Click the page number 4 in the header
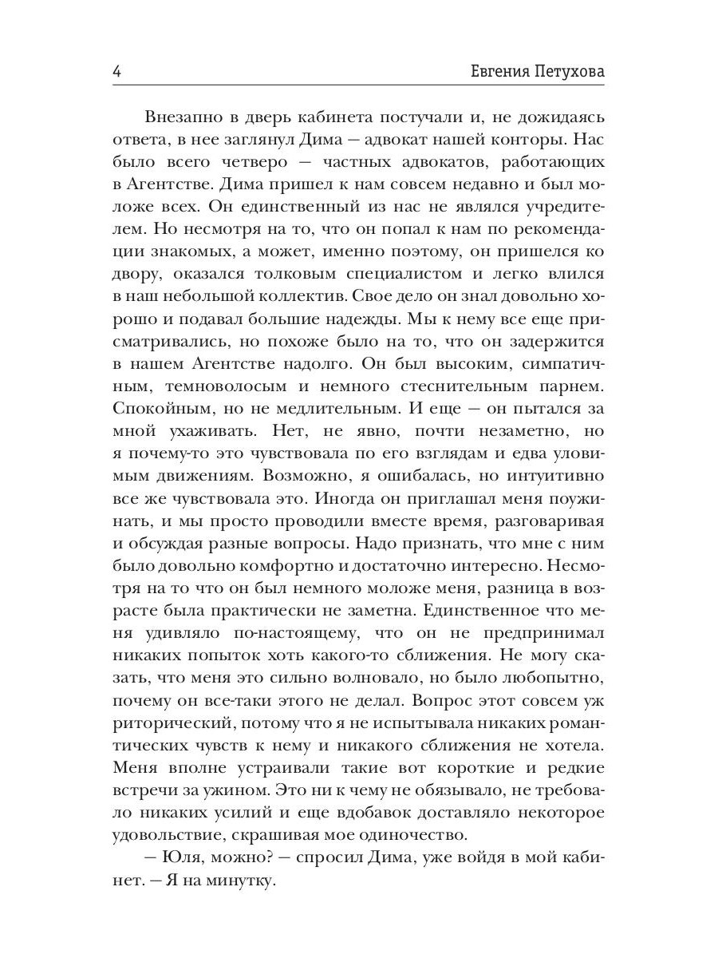pos(117,72)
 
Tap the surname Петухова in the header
pos(563,72)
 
